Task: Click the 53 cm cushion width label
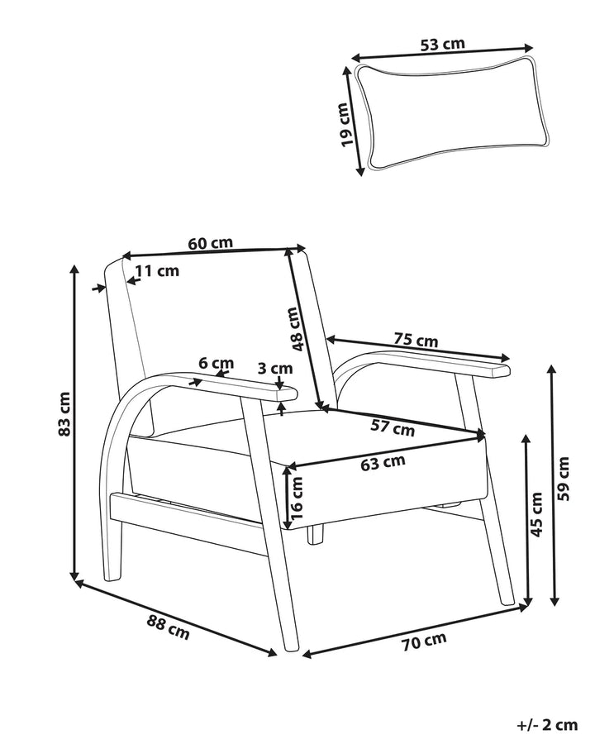pyautogui.click(x=442, y=44)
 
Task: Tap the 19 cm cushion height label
pyautogui.click(x=350, y=125)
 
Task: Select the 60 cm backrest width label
pyautogui.click(x=211, y=243)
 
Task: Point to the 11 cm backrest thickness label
pyautogui.click(x=157, y=270)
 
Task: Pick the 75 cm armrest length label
pyautogui.click(x=416, y=340)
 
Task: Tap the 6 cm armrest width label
pyautogui.click(x=217, y=363)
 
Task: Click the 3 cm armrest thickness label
pyautogui.click(x=275, y=368)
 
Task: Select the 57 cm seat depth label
pyautogui.click(x=393, y=428)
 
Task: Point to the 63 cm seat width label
pyautogui.click(x=383, y=463)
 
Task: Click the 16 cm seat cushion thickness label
pyautogui.click(x=296, y=498)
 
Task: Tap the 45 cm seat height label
pyautogui.click(x=536, y=514)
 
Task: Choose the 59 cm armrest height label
pyautogui.click(x=564, y=479)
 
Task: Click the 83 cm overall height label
pyautogui.click(x=64, y=414)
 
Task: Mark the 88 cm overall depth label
pyautogui.click(x=168, y=627)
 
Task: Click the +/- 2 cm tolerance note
pyautogui.click(x=547, y=725)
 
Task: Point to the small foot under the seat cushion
pyautogui.click(x=315, y=534)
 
